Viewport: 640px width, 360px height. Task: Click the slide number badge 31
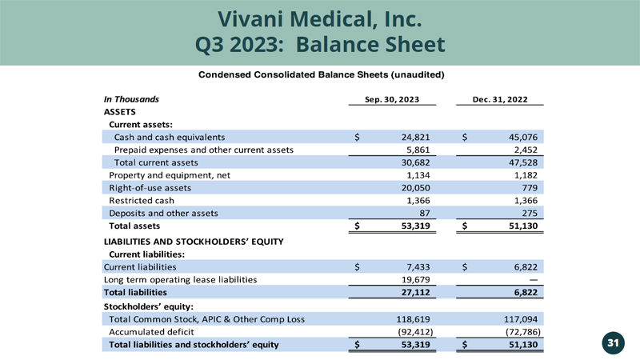click(614, 343)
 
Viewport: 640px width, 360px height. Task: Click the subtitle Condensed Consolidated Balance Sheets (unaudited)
click(321, 75)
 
